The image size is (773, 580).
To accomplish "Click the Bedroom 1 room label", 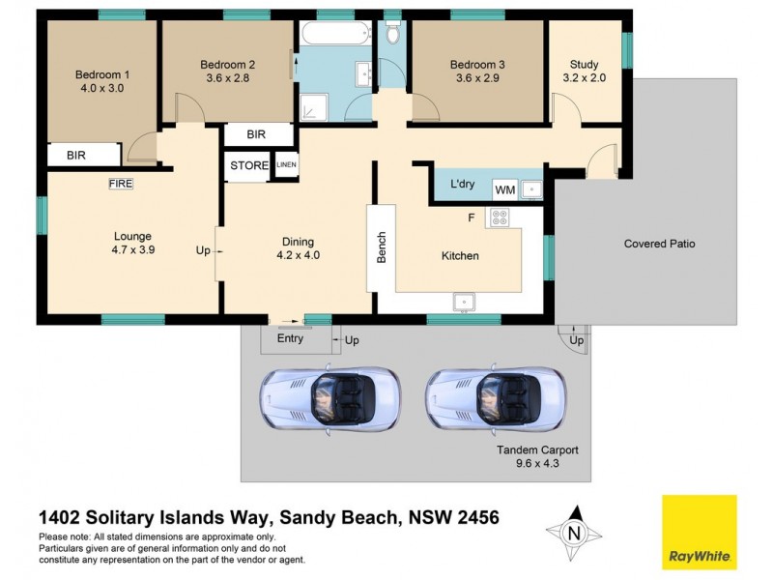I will (x=102, y=74).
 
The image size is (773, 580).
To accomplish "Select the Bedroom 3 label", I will (x=477, y=65).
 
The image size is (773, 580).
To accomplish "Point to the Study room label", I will (x=584, y=65).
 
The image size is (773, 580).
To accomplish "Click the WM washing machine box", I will (x=504, y=189).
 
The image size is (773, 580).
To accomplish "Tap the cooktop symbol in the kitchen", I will (x=500, y=219).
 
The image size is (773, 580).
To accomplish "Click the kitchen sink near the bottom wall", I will (x=464, y=302).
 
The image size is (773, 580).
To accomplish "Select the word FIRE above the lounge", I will (x=121, y=182).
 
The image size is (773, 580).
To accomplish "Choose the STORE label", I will (x=249, y=165).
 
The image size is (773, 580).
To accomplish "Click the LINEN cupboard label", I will (x=287, y=165).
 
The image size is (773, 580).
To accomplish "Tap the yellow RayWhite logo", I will (x=699, y=532).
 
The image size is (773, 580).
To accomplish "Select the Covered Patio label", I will (x=659, y=244).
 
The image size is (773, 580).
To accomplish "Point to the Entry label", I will (x=290, y=338).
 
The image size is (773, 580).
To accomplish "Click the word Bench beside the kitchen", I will (x=382, y=247).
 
